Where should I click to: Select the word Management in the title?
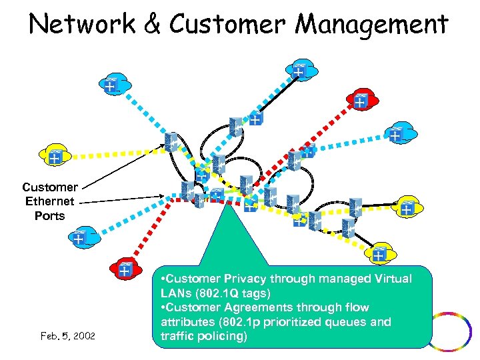coord(371,24)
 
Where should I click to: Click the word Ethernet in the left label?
coord(50,201)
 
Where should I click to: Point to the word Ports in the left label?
coord(50,216)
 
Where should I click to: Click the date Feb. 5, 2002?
coord(67,335)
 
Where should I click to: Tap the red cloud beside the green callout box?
coord(125,269)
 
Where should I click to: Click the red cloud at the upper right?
coord(361,99)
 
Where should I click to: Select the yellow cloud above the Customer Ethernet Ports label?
coord(53,155)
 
